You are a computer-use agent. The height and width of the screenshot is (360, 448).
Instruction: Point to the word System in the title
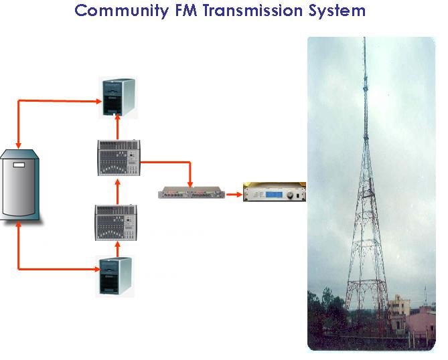pos(340,11)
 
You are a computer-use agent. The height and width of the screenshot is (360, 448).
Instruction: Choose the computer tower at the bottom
pos(116,276)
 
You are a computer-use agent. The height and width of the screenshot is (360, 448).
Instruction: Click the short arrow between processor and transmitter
pos(233,195)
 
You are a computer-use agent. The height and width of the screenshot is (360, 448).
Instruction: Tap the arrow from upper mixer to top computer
pos(117,126)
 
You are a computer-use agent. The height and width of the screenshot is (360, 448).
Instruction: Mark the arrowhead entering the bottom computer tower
pos(95,270)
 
